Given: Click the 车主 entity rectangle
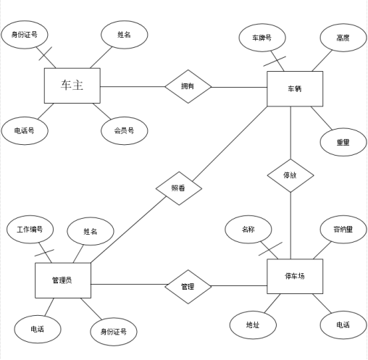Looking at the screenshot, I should click(x=72, y=86).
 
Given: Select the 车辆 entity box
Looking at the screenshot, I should click(x=294, y=88).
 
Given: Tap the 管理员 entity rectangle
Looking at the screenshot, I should click(x=63, y=280).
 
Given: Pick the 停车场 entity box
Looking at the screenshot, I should click(x=294, y=276).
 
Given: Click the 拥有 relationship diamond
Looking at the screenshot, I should click(x=188, y=87).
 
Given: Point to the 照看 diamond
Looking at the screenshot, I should click(x=177, y=188).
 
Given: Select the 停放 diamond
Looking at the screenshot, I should click(x=290, y=175).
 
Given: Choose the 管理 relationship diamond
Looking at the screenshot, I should click(x=188, y=287).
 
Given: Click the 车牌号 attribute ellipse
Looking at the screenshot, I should click(x=262, y=38).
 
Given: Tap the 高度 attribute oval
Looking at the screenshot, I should click(x=343, y=38).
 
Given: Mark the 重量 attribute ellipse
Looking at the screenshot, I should click(x=343, y=143).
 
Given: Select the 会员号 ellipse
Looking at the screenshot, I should click(x=124, y=130).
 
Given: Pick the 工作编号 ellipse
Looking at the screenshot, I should click(x=30, y=230).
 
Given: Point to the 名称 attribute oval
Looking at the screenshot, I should click(x=248, y=230).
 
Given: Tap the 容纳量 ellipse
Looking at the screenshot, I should click(x=343, y=230).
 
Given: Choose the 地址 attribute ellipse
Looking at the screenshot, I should click(x=252, y=325).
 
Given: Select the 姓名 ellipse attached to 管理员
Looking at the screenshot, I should click(x=90, y=232).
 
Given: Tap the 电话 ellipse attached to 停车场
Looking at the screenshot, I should click(x=343, y=325).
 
